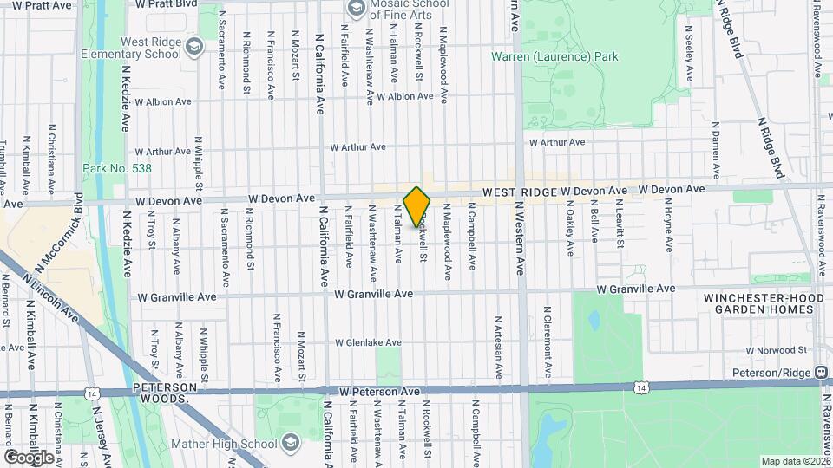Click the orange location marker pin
pos(417,207)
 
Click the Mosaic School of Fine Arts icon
pos(356,9)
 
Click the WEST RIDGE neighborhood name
pos(520,191)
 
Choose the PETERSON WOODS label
pos(161,394)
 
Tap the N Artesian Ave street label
pos(499,347)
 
